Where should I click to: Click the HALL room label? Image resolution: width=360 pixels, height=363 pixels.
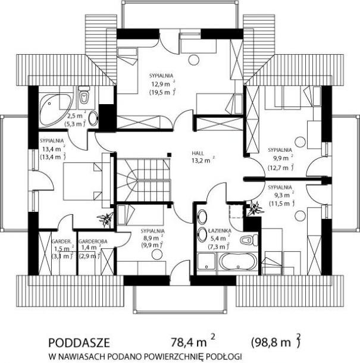coord(198,154)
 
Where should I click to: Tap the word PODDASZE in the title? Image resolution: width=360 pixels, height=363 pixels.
coord(79,343)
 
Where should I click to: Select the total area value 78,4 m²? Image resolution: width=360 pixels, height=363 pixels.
coord(193,342)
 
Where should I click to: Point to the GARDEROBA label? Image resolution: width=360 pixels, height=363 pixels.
coord(93,242)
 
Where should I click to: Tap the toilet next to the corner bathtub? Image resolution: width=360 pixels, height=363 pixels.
coord(83,95)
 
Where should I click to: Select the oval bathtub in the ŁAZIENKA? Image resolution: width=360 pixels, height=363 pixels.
coord(238,262)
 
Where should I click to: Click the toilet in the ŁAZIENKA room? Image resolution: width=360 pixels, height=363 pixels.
coord(249,240)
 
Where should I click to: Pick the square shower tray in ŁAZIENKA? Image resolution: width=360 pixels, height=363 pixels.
coord(206,261)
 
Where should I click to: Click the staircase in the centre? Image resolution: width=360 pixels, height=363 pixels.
coord(143,180)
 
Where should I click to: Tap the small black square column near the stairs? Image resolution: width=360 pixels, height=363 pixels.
coord(170,154)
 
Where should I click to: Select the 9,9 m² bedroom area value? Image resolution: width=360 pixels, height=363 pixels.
coord(281,158)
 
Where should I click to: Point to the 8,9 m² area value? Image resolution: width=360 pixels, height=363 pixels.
coord(152,237)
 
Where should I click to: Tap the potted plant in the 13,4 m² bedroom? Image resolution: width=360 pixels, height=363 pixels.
coord(105,219)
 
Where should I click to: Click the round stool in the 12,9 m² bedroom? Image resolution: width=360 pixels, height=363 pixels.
coord(193,60)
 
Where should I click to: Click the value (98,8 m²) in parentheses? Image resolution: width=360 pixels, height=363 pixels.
coord(276,342)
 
